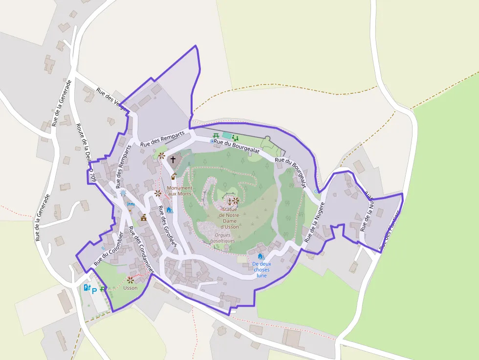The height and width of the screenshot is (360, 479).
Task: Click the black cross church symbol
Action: pyautogui.click(x=173, y=159)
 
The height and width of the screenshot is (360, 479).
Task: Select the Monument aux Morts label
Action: pyautogui.click(x=179, y=191)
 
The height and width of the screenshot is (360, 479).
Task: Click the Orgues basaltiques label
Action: pyautogui.click(x=222, y=238)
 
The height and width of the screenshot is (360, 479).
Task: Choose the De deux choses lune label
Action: pyautogui.click(x=261, y=269)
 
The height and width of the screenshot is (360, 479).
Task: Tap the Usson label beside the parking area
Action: pyautogui.click(x=131, y=288)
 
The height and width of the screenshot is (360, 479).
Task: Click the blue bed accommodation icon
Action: pyautogui.click(x=131, y=205)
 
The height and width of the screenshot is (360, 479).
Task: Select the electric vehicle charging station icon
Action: pyautogui.click(x=87, y=288)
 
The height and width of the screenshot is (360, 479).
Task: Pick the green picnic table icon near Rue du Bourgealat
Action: pyautogui.click(x=216, y=136)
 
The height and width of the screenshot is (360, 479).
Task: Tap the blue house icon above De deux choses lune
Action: pyautogui.click(x=261, y=256)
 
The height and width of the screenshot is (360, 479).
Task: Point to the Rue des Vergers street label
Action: pyautogui.click(x=112, y=100)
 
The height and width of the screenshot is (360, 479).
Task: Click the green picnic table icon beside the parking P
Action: pyautogui.click(x=103, y=289)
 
